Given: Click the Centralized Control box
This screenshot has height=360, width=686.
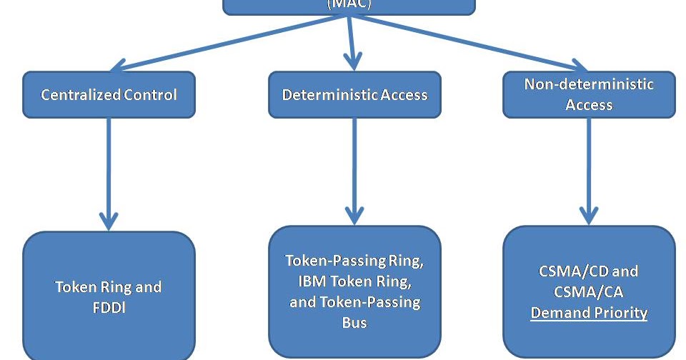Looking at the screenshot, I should click(109, 94).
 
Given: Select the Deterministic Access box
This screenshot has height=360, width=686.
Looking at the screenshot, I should click(354, 94).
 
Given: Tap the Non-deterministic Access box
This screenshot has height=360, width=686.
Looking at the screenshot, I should click(589, 94).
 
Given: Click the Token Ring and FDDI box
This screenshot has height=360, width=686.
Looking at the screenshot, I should click(109, 296).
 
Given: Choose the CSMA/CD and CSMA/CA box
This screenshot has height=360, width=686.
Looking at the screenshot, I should click(589, 291).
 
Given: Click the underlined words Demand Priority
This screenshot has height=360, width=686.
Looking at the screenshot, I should click(589, 313).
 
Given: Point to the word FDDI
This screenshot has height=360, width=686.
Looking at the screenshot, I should click(109, 307).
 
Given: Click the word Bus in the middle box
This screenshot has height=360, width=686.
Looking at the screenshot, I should click(354, 322).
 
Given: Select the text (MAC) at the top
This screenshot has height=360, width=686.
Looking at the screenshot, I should click(349, 4).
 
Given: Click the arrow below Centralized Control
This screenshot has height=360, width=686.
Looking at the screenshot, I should click(109, 171).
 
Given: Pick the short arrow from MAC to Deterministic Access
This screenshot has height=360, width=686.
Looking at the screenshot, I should click(349, 43).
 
